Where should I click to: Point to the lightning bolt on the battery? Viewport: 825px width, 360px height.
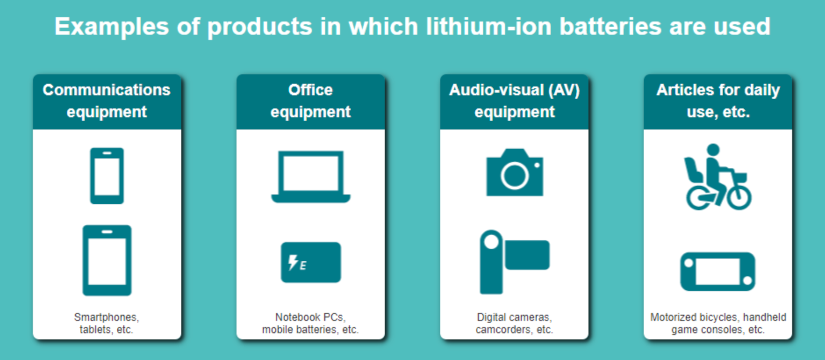point(293,262)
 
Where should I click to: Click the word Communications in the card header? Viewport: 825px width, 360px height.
point(107,90)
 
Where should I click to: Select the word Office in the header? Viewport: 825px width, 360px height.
point(310,90)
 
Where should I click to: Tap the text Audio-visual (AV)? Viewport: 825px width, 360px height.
point(514,90)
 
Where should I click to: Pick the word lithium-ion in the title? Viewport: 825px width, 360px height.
point(489,27)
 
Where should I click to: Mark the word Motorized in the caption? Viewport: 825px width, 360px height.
point(673,317)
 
